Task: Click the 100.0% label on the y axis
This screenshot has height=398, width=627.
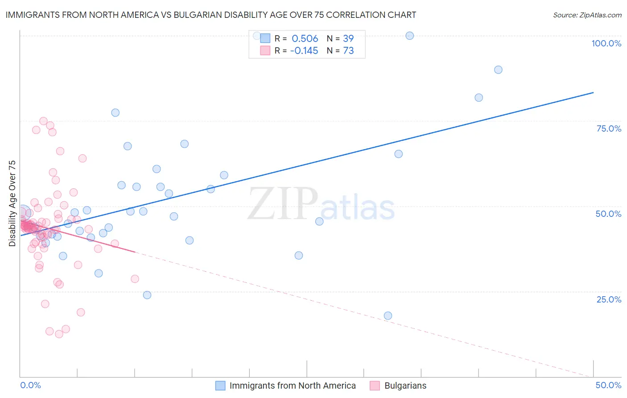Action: point(606,43)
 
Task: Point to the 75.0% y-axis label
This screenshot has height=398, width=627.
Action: point(609,129)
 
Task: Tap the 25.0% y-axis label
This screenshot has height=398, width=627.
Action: point(609,299)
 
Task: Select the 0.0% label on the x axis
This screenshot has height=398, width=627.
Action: point(30,385)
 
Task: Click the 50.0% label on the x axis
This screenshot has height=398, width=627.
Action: point(608,385)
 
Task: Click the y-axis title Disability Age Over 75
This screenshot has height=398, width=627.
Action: point(12,203)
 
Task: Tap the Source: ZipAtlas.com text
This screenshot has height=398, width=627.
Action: point(587,15)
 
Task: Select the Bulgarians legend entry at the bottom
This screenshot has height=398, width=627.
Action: point(405,386)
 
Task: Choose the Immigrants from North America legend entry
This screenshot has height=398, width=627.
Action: point(292,386)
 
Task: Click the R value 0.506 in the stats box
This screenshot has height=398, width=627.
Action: point(305,39)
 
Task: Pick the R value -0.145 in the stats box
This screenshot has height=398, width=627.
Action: point(304,51)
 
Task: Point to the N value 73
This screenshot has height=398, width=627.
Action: point(348,51)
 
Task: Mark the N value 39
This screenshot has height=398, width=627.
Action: point(348,39)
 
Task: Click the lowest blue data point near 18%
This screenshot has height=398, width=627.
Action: point(388,316)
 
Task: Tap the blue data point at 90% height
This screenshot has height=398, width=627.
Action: point(498,70)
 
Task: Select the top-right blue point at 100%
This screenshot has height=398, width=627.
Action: point(409,36)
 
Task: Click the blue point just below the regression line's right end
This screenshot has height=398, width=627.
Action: point(478,98)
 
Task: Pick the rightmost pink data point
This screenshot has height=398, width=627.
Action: point(135,279)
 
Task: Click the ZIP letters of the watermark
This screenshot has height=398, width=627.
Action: point(283,204)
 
